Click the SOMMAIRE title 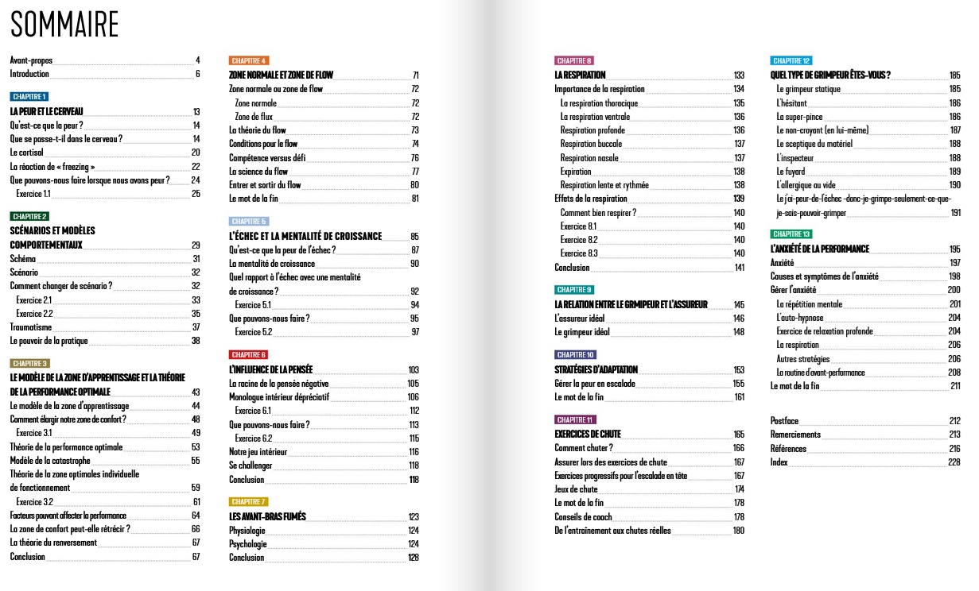pyautogui.click(x=64, y=25)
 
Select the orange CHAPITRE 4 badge pyautogui.click(x=249, y=60)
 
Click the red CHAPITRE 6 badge pyautogui.click(x=249, y=354)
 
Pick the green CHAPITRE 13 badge pyautogui.click(x=791, y=234)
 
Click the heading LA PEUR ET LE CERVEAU pyautogui.click(x=46, y=111)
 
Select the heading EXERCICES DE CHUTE pyautogui.click(x=588, y=435)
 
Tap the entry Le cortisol pyautogui.click(x=26, y=153)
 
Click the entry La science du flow pyautogui.click(x=258, y=172)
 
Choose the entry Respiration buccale pyautogui.click(x=592, y=144)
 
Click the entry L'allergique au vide pyautogui.click(x=806, y=185)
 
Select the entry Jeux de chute pyautogui.click(x=576, y=489)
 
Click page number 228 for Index pyautogui.click(x=954, y=463)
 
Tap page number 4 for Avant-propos pyautogui.click(x=197, y=60)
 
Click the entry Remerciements pyautogui.click(x=795, y=435)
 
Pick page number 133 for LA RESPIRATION pyautogui.click(x=739, y=75)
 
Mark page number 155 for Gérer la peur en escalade pyautogui.click(x=739, y=384)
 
